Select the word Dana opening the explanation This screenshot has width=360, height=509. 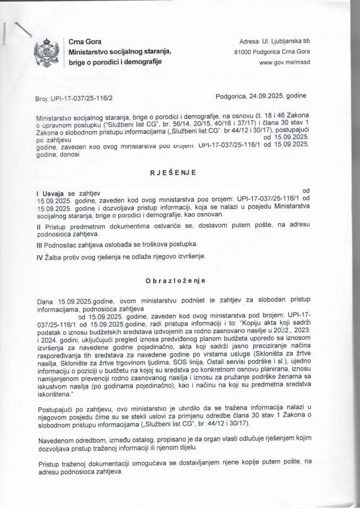point(46,301)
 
